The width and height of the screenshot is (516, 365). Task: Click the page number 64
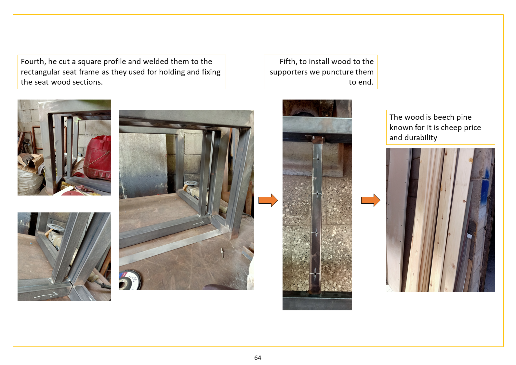pyautogui.click(x=258, y=358)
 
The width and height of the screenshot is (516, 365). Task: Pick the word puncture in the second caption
pyautogui.click(x=338, y=72)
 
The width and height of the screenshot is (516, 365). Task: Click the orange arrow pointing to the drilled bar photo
pyautogui.click(x=268, y=200)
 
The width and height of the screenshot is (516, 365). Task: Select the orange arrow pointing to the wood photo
pyautogui.click(x=371, y=200)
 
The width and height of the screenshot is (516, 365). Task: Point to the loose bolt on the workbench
pyautogui.click(x=222, y=253)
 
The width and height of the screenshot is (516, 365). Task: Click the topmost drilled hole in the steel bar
pyautogui.click(x=318, y=159)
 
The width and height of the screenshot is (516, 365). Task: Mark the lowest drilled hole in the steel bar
pyautogui.click(x=315, y=274)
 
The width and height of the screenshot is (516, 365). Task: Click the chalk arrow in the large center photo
pyautogui.click(x=198, y=223)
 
